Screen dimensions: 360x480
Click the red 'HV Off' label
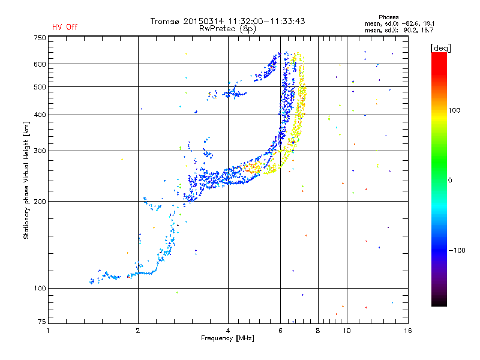[x=65, y=27]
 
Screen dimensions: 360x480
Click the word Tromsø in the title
[x=166, y=21]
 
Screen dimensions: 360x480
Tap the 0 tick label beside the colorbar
[x=450, y=180]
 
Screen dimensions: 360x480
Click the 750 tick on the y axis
[x=40, y=37]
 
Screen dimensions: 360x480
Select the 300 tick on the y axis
[x=40, y=151]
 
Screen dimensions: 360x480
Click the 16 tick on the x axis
[x=408, y=330]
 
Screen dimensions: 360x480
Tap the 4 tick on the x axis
[x=228, y=330]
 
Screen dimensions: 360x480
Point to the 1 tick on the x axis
[x=49, y=330]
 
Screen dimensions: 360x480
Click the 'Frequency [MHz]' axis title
[x=227, y=338]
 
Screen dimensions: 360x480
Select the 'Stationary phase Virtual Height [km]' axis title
[x=26, y=180]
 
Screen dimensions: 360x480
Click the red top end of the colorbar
[x=439, y=55]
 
